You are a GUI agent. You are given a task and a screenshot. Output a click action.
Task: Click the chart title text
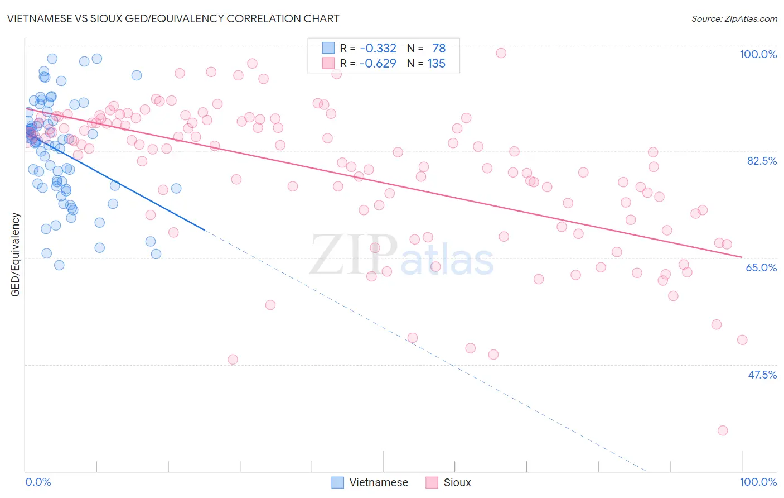point(172,18)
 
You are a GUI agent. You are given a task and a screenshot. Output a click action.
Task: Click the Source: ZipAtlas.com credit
point(734,19)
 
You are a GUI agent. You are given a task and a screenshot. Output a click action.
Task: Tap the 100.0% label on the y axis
point(758,54)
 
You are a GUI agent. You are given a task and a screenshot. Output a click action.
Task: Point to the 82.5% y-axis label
point(762,161)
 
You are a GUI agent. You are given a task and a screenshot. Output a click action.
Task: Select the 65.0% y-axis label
point(761,267)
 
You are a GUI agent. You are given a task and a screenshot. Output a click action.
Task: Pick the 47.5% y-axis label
point(762,375)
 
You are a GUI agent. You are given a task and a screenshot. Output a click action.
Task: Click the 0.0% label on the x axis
point(38,482)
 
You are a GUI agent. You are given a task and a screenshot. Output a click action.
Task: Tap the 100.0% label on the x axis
point(758,482)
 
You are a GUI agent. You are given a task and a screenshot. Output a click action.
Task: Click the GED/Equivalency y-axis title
point(16,255)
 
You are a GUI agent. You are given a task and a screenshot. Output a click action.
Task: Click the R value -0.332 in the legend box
point(378,49)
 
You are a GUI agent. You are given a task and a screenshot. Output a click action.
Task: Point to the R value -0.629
point(378,64)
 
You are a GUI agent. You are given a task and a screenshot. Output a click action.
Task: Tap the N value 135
point(436,64)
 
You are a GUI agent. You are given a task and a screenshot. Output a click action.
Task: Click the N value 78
point(439,49)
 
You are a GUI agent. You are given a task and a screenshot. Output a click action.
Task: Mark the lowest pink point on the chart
point(723,430)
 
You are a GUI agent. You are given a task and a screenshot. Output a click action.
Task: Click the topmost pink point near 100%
point(501,53)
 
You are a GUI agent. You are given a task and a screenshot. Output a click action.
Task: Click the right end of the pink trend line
point(742,257)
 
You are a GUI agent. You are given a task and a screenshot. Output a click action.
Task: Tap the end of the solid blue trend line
point(205,229)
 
